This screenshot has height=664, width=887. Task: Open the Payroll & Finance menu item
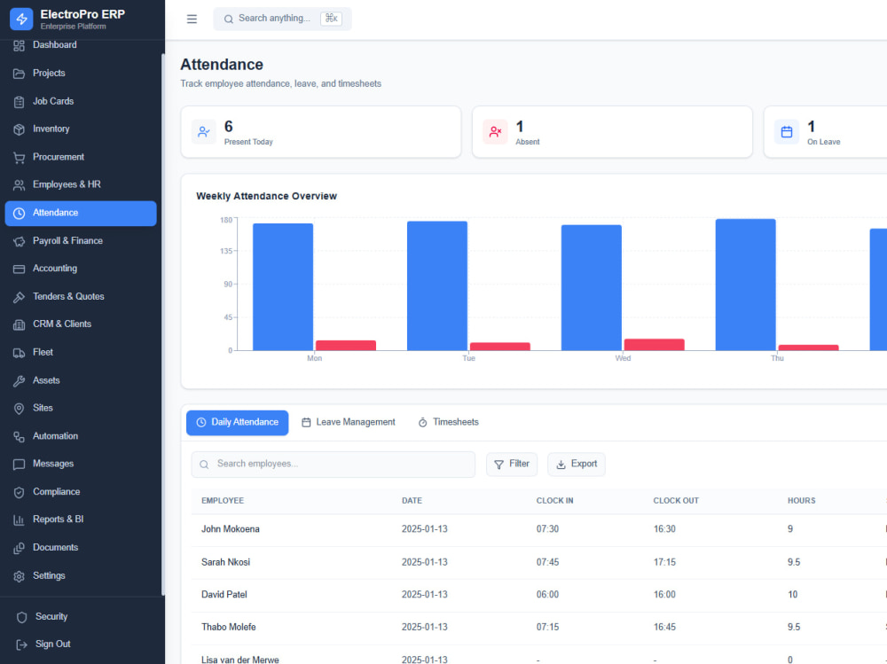[67, 241]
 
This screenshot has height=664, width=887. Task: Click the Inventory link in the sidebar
[51, 129]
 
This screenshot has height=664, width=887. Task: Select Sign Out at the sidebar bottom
[52, 644]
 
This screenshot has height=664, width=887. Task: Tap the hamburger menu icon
[192, 19]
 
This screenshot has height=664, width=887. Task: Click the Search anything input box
[282, 19]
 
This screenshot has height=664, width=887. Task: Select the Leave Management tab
[348, 423]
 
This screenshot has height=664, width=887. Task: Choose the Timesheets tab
[448, 423]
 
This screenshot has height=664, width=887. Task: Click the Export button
[577, 465]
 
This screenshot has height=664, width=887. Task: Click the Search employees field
[334, 465]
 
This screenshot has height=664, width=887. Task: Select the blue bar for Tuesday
[437, 285]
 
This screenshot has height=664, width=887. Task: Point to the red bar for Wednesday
[654, 345]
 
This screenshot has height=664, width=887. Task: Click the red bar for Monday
[346, 346]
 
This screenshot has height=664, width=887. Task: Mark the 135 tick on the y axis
[226, 251]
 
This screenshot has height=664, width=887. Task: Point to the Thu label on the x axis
[777, 358]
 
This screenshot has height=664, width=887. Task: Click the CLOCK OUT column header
[676, 501]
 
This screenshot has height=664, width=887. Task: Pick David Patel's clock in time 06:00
[547, 595]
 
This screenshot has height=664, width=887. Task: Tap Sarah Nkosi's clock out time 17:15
[664, 562]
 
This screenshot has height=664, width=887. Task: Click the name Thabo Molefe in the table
[229, 628]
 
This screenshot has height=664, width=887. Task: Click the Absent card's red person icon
[495, 132]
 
